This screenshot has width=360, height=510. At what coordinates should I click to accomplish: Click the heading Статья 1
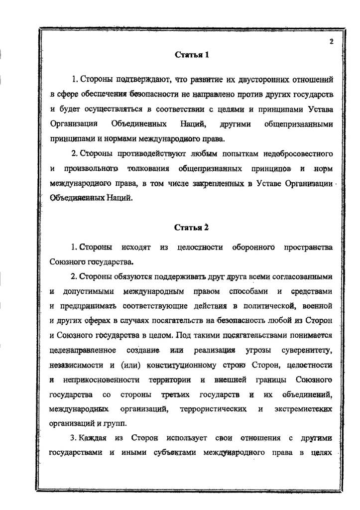[x=192, y=55]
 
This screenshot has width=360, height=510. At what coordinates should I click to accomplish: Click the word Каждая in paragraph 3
[x=93, y=438]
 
